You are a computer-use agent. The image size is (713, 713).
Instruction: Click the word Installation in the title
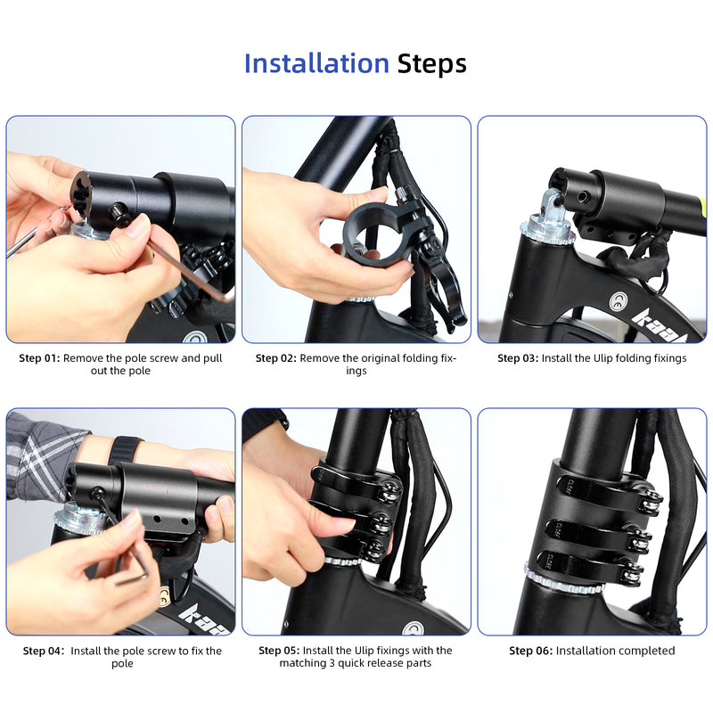tap(316, 64)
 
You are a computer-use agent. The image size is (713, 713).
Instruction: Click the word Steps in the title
tap(431, 64)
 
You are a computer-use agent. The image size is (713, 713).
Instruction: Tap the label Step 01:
tap(39, 358)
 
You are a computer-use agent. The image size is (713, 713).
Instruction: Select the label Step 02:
tap(275, 358)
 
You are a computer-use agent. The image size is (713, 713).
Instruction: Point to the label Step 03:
tap(518, 358)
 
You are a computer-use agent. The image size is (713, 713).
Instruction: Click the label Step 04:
tap(43, 651)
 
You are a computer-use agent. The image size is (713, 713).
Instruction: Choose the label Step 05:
tap(279, 651)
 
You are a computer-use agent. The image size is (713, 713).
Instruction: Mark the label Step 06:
tap(530, 651)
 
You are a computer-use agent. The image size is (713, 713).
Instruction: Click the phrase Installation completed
tap(615, 651)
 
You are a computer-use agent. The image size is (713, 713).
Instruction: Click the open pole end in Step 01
tap(81, 194)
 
